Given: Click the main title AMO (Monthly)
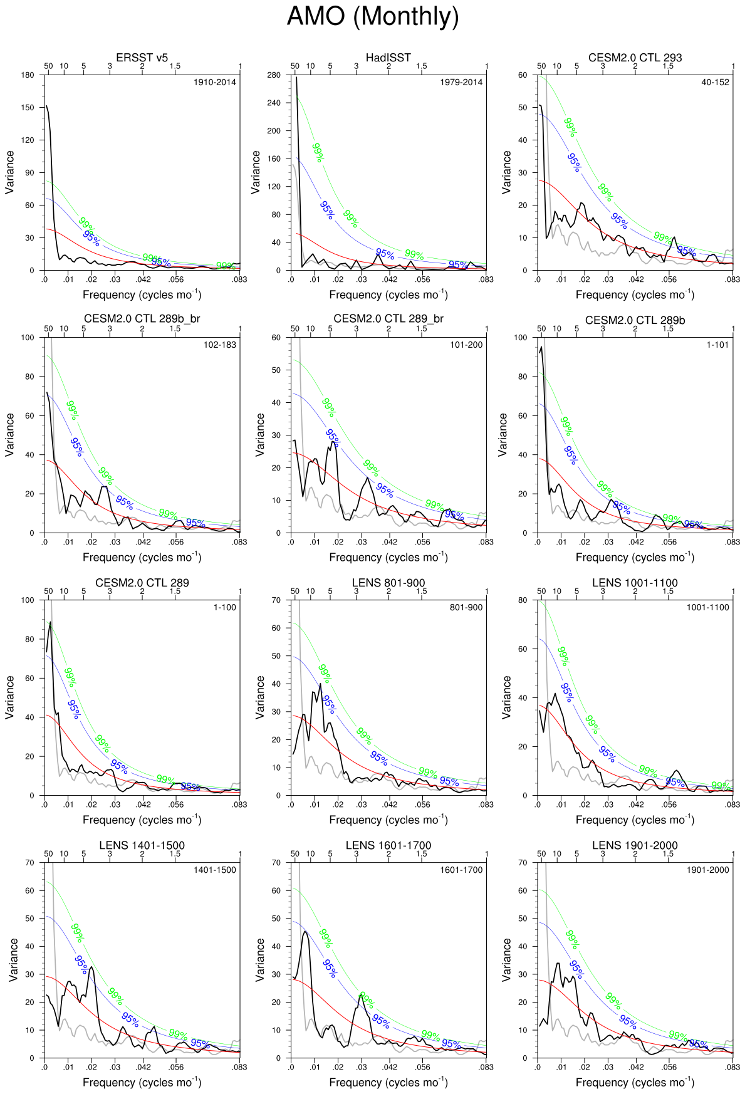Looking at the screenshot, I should pyautogui.click(x=373, y=16).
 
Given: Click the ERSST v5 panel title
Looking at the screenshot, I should pyautogui.click(x=142, y=58).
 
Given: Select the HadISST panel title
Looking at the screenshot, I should pyautogui.click(x=388, y=58).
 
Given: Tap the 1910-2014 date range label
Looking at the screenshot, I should pyautogui.click(x=215, y=82).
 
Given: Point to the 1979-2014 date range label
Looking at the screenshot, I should pyautogui.click(x=461, y=82).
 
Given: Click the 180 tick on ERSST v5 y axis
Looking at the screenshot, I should pyautogui.click(x=28, y=75).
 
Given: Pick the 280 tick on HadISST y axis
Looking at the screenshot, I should pyautogui.click(x=274, y=75).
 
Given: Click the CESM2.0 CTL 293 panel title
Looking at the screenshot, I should pyautogui.click(x=635, y=58).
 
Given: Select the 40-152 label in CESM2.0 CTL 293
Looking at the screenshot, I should pyautogui.click(x=715, y=82).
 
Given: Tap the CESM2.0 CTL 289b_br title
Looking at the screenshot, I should pyautogui.click(x=142, y=319).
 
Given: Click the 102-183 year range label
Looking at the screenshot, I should pyautogui.click(x=220, y=345).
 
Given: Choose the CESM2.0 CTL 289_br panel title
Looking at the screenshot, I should pyautogui.click(x=388, y=319).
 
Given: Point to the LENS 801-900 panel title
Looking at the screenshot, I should pyautogui.click(x=388, y=583).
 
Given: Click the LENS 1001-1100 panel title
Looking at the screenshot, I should pyautogui.click(x=635, y=583).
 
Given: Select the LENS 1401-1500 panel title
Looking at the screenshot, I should pyautogui.click(x=142, y=845).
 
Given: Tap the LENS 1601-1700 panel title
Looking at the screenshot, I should pyautogui.click(x=388, y=845).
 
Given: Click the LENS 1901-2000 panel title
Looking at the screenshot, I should pyautogui.click(x=635, y=845).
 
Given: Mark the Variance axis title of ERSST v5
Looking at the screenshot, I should pyautogui.click(x=9, y=172).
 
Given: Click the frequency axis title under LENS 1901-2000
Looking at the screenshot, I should pyautogui.click(x=635, y=1082).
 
